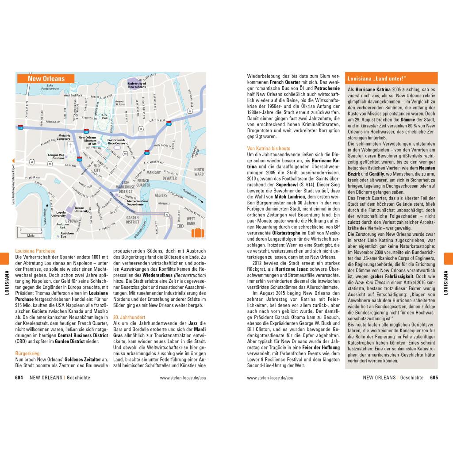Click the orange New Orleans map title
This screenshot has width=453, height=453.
click(x=46, y=79)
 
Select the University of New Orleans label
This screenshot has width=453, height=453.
click(x=137, y=85)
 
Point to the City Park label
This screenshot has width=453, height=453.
click(x=105, y=116)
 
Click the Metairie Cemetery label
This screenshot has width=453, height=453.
click(x=63, y=137)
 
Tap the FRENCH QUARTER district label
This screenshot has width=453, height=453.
click(x=143, y=183)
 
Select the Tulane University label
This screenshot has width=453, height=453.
click(x=81, y=209)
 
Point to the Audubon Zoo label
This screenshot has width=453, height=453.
click(x=67, y=234)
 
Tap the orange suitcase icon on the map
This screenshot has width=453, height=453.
click(x=197, y=233)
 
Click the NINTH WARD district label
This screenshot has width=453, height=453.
click(x=199, y=172)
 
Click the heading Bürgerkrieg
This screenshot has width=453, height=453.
click(x=27, y=353)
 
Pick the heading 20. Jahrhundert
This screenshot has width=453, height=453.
click(x=129, y=317)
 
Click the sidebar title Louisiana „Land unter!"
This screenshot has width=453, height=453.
click(x=377, y=78)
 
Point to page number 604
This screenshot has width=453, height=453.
click(x=19, y=378)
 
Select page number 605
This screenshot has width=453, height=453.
click(x=434, y=378)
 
